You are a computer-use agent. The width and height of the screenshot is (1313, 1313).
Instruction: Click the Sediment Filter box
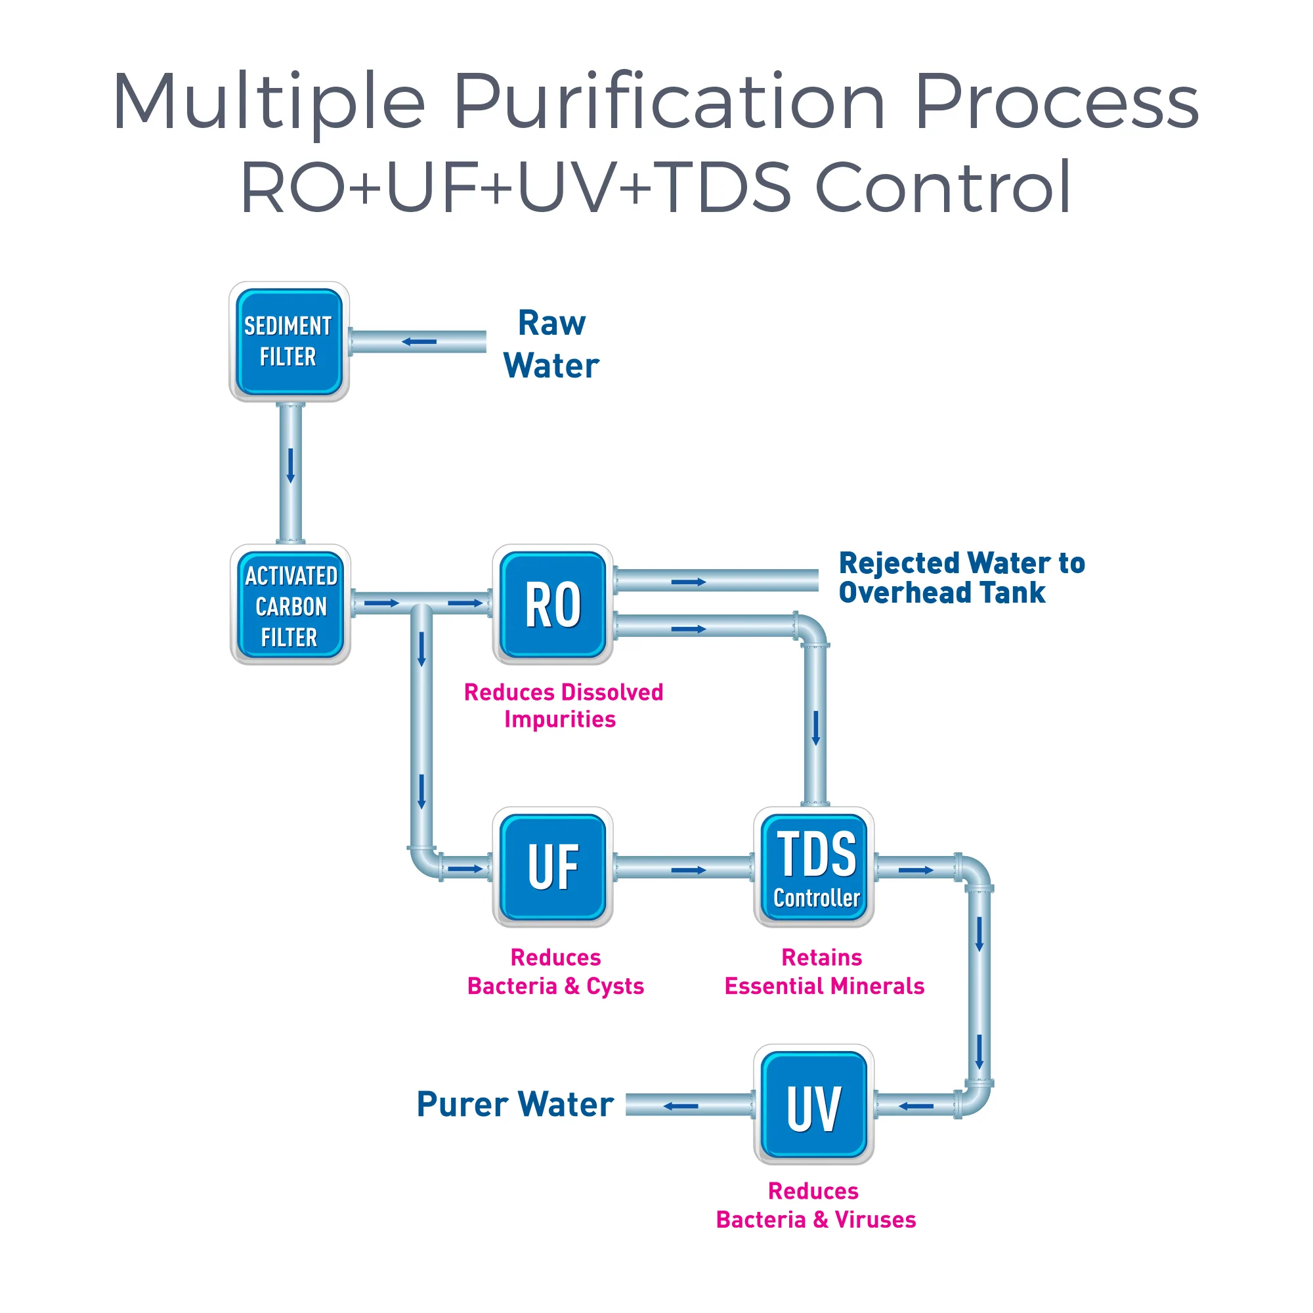point(289,342)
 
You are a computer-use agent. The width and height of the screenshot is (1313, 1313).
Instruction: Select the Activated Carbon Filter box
point(290,604)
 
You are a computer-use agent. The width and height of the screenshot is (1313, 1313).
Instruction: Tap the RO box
point(553,604)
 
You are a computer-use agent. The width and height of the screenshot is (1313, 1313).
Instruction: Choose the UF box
point(553,867)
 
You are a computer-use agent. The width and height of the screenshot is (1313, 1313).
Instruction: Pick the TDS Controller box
point(814,867)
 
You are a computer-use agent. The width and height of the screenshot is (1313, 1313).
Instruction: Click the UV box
point(814,1104)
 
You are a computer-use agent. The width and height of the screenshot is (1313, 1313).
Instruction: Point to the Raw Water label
point(551,344)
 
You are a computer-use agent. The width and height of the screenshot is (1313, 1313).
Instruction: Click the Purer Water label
point(515,1104)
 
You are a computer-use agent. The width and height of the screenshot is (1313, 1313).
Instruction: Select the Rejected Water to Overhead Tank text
point(961,578)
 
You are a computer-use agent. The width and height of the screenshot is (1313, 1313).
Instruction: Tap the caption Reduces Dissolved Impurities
point(563,706)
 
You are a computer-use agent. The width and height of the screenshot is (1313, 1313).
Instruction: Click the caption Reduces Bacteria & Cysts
point(555,971)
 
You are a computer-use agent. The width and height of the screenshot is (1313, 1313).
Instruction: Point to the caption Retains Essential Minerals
point(824,971)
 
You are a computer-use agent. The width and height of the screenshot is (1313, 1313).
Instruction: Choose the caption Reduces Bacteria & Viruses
point(815,1205)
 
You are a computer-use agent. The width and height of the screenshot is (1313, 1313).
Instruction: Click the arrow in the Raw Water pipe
point(420,341)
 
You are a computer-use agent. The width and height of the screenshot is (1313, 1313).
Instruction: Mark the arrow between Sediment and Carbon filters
point(291,465)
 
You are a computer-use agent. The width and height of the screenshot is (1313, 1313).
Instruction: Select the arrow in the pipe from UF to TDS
point(689,870)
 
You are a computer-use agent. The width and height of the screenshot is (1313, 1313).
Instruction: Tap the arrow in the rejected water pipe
point(689,582)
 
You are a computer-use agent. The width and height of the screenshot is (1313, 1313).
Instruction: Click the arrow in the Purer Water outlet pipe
point(680,1106)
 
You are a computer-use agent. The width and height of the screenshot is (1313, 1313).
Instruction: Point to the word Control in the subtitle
point(943,186)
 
